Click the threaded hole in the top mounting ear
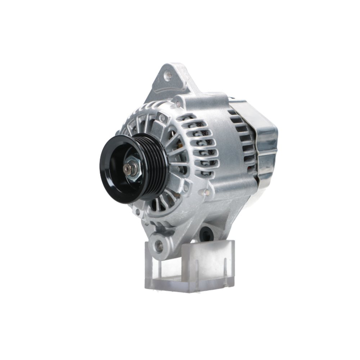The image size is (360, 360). pos(168,76)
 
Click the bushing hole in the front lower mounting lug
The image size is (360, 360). pos(159,246)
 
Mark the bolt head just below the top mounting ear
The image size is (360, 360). pos(177,104)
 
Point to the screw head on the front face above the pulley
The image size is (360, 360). pos(163,117)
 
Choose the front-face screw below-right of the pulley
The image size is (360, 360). pos(186,188)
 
